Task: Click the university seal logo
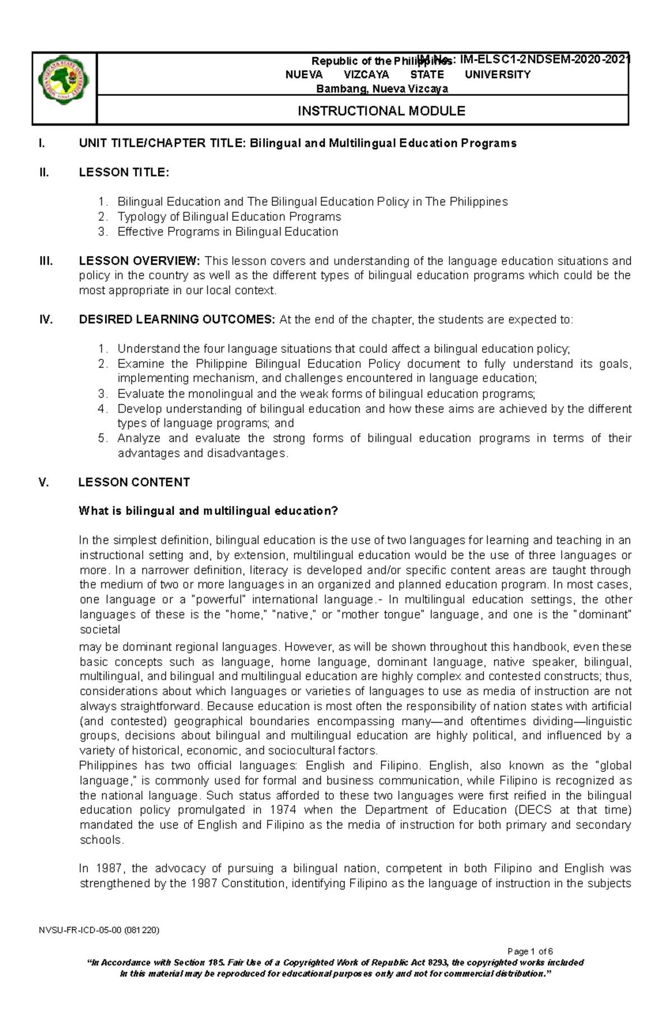pos(64,88)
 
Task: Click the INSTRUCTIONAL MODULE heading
pos(381,111)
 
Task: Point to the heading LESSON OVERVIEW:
pos(139,261)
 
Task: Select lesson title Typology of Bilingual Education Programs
pos(228,217)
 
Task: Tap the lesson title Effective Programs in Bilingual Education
pos(227,232)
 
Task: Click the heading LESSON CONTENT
pos(134,482)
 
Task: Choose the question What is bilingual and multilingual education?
pos(208,511)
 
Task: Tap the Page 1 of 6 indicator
pos(529,951)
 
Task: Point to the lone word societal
pos(100,629)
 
